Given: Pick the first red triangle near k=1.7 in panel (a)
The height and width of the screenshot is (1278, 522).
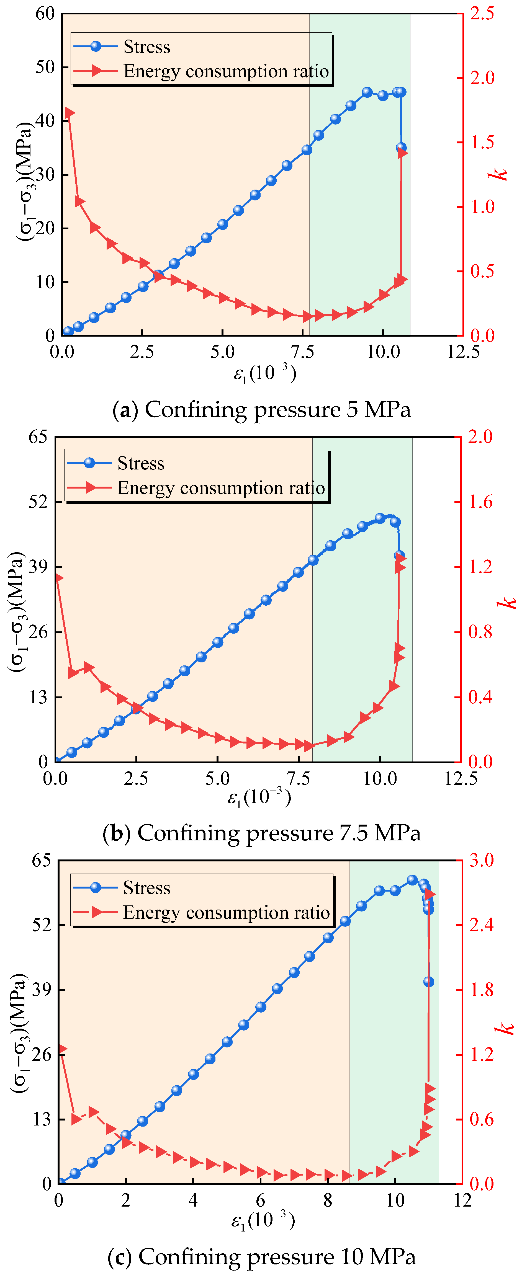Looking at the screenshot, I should [69, 113].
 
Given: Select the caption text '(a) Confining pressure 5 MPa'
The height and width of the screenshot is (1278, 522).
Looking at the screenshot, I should [261, 410].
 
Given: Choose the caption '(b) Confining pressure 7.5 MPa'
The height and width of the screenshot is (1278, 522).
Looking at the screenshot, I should [261, 833].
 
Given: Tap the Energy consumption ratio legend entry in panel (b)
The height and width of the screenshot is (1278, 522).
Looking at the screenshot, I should [221, 488].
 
